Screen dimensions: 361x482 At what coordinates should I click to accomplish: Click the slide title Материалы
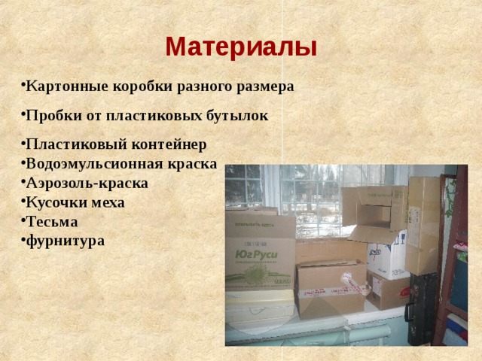[x=241, y=47]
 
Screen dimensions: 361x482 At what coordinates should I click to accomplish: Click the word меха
[x=108, y=203]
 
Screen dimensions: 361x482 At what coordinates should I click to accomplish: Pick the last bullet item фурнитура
[x=65, y=241]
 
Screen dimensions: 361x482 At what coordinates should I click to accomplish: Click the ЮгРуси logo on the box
[x=257, y=256]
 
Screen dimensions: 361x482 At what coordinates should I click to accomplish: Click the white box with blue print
[x=386, y=256]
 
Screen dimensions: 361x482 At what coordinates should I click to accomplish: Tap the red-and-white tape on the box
[x=354, y=284]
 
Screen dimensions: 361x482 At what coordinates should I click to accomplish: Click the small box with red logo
[x=388, y=291]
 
